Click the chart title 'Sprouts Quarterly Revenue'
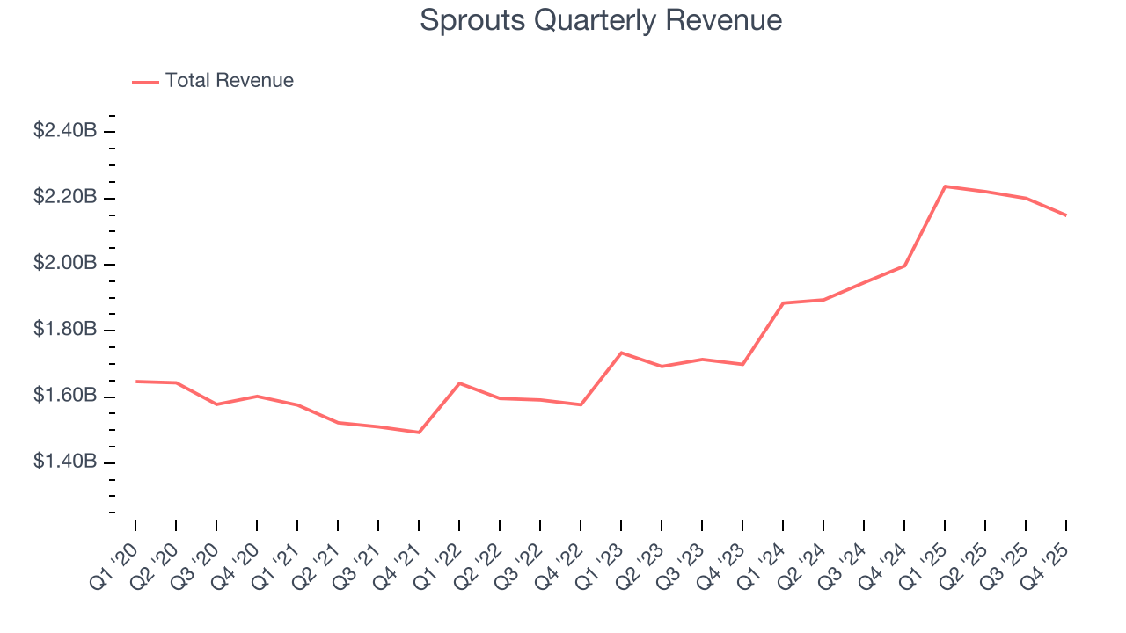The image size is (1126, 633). [601, 20]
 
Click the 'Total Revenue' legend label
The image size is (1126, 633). [229, 81]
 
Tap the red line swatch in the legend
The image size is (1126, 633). [145, 82]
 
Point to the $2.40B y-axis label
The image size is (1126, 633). [65, 131]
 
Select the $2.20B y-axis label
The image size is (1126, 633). [65, 198]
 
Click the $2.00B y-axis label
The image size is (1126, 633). [65, 264]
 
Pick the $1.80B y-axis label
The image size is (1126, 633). [65, 331]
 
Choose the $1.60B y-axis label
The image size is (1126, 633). [65, 397]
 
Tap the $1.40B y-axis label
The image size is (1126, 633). [65, 462]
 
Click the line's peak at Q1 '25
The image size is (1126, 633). [945, 186]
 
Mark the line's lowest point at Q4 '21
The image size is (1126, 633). [419, 433]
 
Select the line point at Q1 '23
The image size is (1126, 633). [621, 353]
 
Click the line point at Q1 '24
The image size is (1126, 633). [783, 302]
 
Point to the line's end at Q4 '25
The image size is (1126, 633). [1066, 215]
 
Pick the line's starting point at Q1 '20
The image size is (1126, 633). [135, 382]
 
